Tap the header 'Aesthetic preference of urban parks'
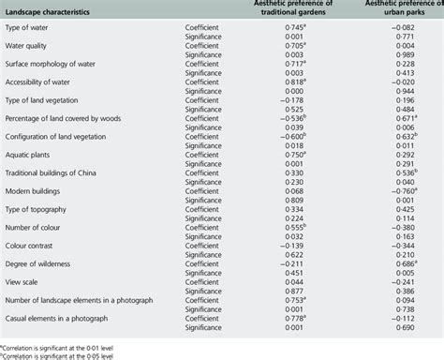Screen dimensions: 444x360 click(404, 11)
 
